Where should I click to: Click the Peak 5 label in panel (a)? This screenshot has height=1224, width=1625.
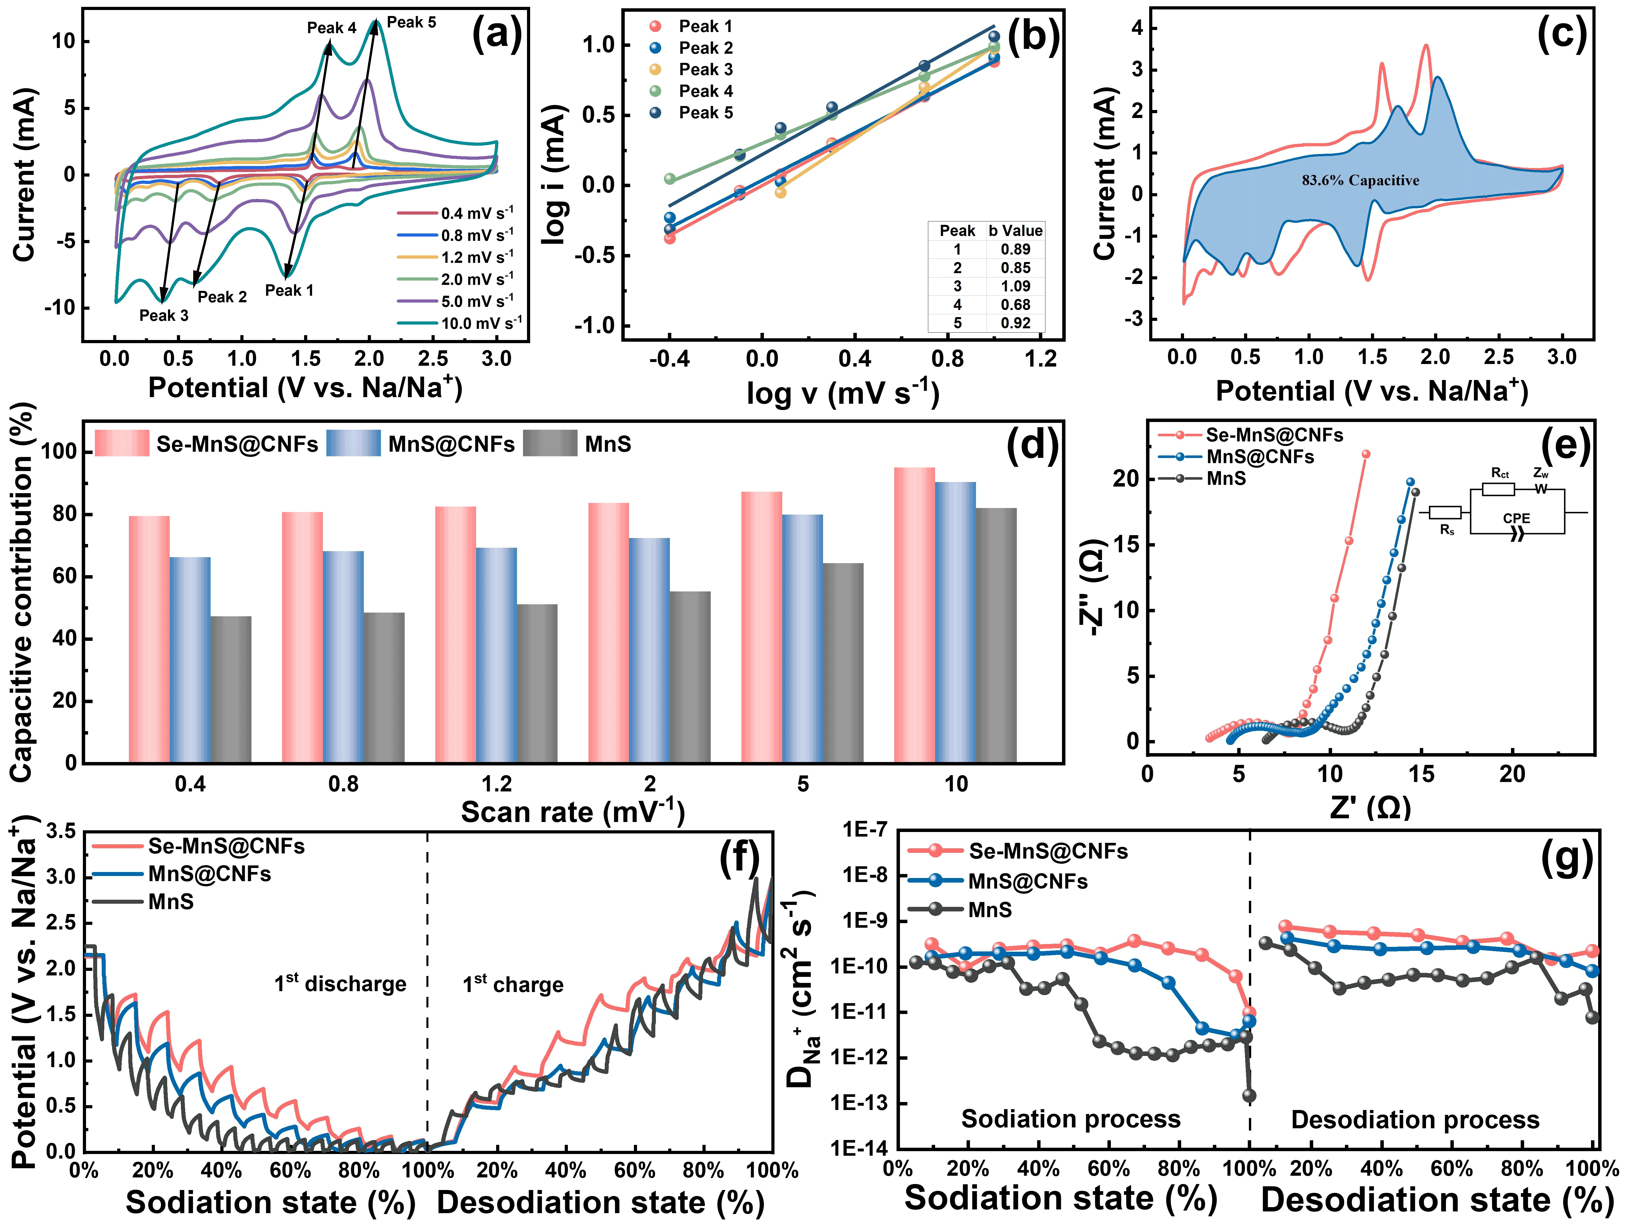[x=411, y=23]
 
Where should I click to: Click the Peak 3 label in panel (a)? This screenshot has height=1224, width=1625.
[x=164, y=316]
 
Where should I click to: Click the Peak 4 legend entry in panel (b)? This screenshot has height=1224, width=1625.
[x=705, y=91]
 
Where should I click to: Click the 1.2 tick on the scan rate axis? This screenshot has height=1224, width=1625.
[x=497, y=784]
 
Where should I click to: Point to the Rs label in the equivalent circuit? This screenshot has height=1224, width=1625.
[x=1446, y=530]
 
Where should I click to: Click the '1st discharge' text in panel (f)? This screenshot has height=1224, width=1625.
[x=340, y=984]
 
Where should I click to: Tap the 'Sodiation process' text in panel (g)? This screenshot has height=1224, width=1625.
[x=1070, y=1119]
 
